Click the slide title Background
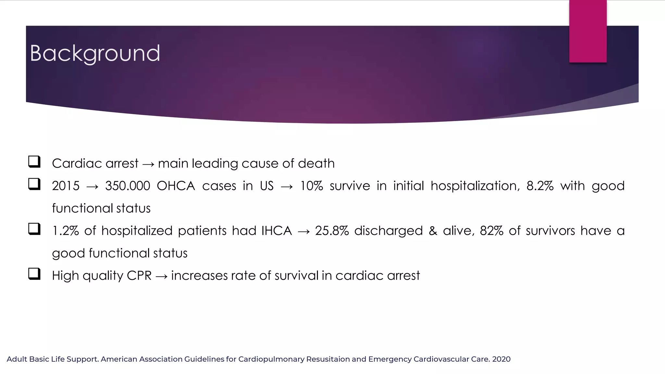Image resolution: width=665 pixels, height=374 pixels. [x=95, y=53]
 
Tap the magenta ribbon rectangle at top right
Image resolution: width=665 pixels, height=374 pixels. [x=588, y=31]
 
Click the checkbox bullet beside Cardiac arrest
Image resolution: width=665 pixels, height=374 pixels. [x=34, y=162]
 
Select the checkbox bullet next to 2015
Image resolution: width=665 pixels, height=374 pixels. [x=34, y=184]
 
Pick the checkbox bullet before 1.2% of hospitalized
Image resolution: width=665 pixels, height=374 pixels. [x=34, y=229]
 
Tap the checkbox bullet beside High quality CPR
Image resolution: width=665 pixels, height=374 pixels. [x=34, y=274]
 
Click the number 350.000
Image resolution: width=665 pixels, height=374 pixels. [x=128, y=186]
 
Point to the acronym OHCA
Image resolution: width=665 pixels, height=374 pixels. [x=176, y=186]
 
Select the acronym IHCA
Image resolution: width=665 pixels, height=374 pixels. [x=277, y=231]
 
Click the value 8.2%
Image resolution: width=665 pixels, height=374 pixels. [x=540, y=186]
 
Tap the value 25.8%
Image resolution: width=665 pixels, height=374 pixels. [x=332, y=231]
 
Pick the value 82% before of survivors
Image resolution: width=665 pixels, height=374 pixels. [x=491, y=231]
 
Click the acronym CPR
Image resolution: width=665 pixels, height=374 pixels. [x=139, y=276]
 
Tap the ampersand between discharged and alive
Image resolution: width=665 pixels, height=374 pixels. [x=433, y=231]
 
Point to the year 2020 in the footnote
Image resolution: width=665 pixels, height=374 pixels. [x=501, y=359]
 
